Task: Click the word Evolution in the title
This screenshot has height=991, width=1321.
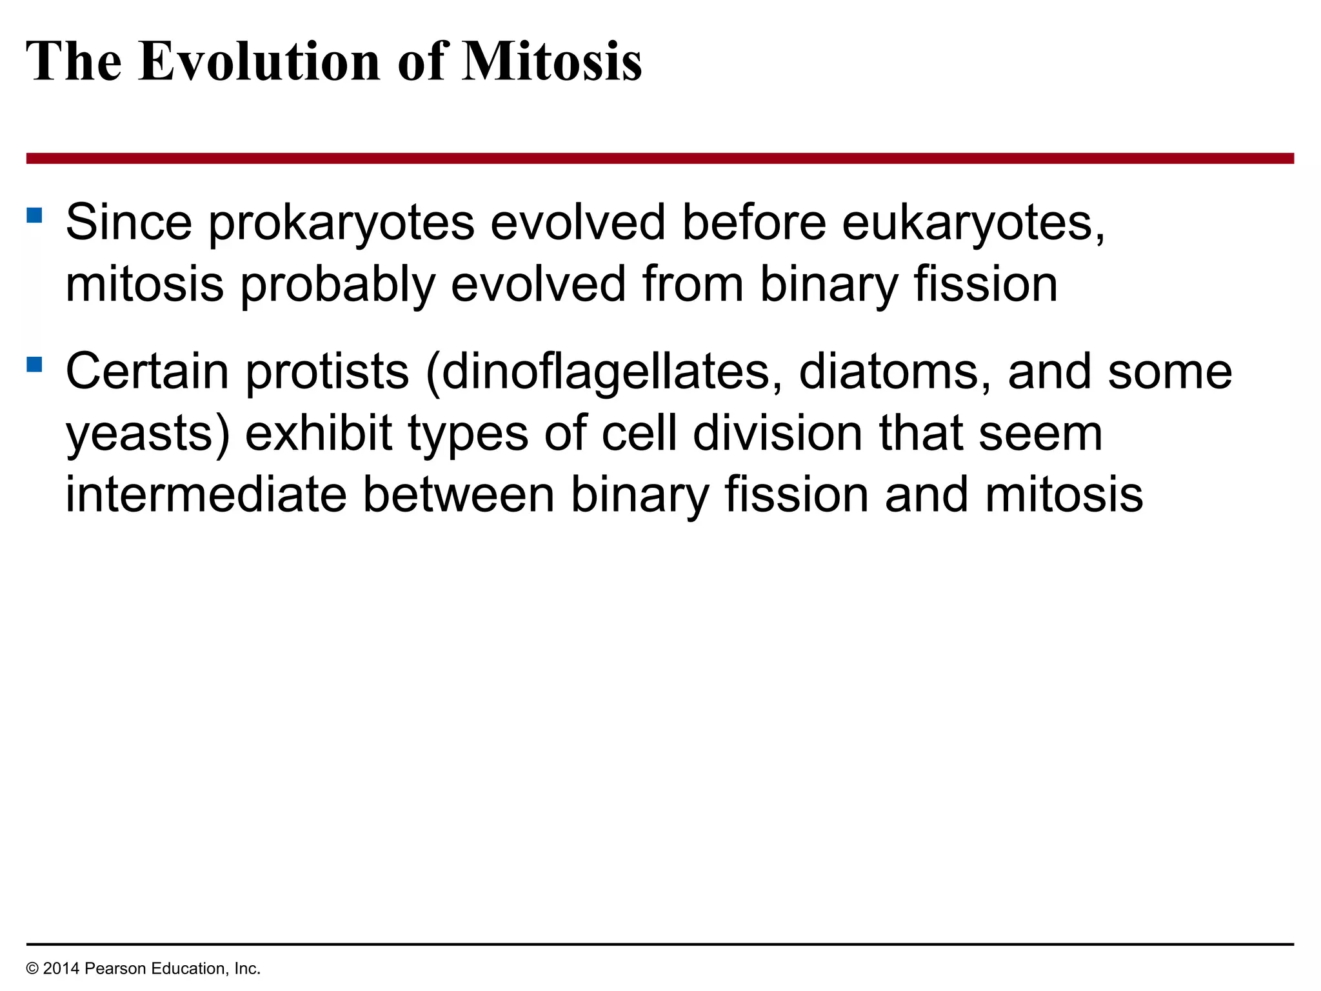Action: point(259,61)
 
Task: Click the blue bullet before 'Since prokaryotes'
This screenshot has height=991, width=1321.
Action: point(34,215)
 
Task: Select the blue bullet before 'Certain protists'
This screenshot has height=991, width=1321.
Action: point(34,365)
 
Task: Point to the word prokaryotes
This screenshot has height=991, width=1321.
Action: point(341,223)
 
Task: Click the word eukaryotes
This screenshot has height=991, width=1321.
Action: point(973,223)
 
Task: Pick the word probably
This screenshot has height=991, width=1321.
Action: point(337,285)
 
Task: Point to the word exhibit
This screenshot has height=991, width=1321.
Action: point(319,434)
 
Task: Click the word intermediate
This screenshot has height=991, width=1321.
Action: point(206,495)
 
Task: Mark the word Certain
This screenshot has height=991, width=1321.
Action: point(147,372)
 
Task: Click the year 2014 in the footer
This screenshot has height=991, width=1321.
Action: point(61,968)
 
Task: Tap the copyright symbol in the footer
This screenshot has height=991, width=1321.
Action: point(32,968)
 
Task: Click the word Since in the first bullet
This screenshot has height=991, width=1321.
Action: point(129,223)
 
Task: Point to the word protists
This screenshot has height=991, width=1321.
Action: point(328,372)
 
